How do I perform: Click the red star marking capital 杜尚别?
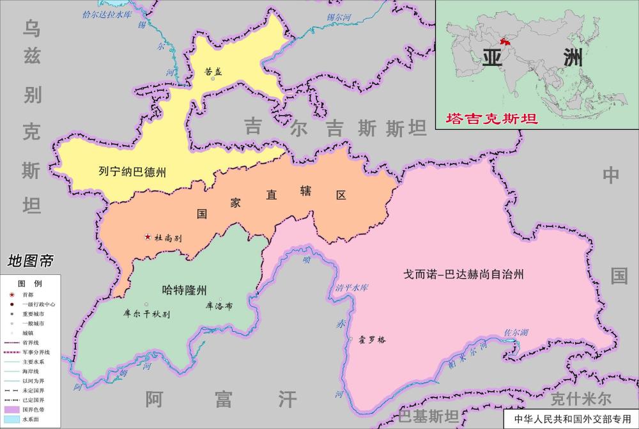point(148,237)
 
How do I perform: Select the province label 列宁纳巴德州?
point(132,171)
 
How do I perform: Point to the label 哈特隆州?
point(185,290)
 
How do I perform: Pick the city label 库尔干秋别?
point(147,314)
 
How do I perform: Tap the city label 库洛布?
point(219,306)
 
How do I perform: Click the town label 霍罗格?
point(373,339)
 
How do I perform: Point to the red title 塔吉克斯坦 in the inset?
point(491,118)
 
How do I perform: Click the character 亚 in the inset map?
point(493,58)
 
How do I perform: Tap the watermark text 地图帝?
point(30,261)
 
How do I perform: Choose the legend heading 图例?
point(29,283)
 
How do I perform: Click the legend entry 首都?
point(29,295)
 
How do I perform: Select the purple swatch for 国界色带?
point(12,408)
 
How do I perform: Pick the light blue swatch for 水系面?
point(12,418)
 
